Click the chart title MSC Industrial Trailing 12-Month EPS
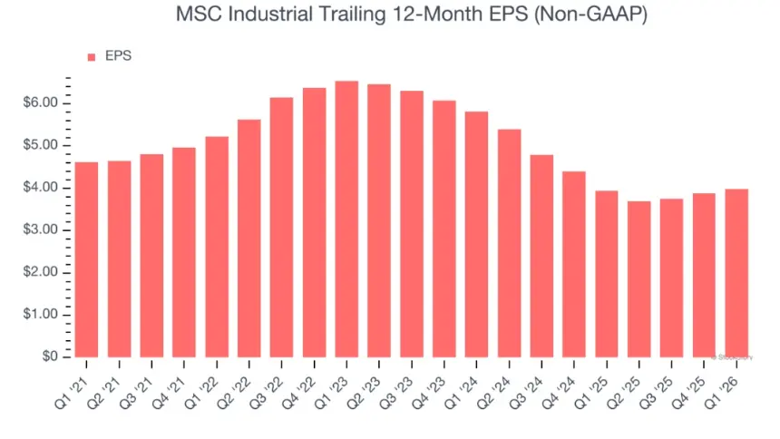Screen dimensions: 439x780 (x=390, y=15)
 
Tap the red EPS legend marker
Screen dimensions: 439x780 (x=91, y=57)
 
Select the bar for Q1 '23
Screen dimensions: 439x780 (x=346, y=219)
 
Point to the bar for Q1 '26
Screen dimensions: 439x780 (x=736, y=272)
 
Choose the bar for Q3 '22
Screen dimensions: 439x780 (x=281, y=227)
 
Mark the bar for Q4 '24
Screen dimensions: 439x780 (x=574, y=264)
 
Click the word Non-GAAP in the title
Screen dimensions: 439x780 (x=599, y=15)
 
